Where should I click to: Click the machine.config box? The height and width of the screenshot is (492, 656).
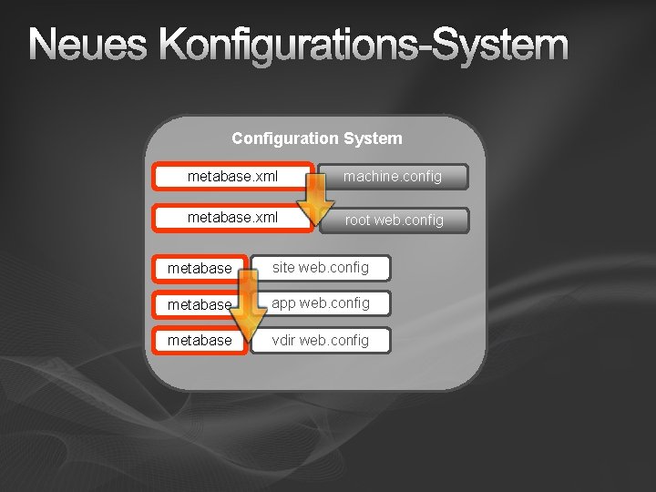coord(393,177)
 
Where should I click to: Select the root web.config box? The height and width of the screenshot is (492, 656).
coord(394,220)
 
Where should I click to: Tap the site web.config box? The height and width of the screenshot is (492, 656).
coord(321,268)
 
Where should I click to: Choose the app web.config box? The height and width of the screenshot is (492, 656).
coord(321,303)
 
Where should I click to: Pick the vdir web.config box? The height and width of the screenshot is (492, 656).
coord(321,341)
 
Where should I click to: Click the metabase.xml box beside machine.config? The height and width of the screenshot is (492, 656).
coord(232,176)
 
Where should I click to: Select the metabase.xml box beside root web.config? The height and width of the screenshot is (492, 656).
coord(232,219)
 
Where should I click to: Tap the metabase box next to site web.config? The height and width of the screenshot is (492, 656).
coord(200,268)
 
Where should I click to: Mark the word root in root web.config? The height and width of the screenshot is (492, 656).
coord(357,220)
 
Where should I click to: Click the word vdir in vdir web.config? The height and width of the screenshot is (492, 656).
coord(283,341)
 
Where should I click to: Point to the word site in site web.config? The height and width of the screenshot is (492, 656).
coord(283,268)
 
